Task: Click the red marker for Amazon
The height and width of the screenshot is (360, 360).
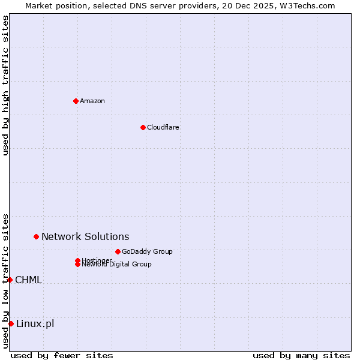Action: point(76,101)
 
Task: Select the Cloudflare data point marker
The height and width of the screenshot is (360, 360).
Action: point(143,127)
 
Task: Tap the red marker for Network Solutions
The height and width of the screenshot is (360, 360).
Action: point(36,236)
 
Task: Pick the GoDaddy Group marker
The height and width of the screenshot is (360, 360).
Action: point(118,251)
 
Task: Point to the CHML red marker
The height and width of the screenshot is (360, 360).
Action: point(10,280)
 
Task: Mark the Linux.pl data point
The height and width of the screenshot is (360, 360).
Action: point(11,324)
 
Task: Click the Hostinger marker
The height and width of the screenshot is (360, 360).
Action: point(77,260)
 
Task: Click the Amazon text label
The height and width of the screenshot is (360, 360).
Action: point(92,101)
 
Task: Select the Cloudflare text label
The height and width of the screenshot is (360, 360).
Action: point(163,127)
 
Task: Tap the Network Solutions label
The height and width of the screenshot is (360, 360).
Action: point(85,236)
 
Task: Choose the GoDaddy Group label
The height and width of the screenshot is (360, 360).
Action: point(147,251)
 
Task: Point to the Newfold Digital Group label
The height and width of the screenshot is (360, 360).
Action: point(116,265)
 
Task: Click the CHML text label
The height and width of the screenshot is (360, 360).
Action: point(28,280)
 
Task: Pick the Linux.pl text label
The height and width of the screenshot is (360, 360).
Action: point(35,324)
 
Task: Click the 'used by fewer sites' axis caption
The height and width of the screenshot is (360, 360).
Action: point(62,355)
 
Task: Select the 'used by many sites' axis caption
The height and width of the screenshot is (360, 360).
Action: point(301,355)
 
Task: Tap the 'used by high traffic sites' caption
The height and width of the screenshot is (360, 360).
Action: point(5,85)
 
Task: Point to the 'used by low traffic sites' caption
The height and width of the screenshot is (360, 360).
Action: point(5,281)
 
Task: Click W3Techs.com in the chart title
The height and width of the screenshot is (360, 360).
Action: point(305,5)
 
